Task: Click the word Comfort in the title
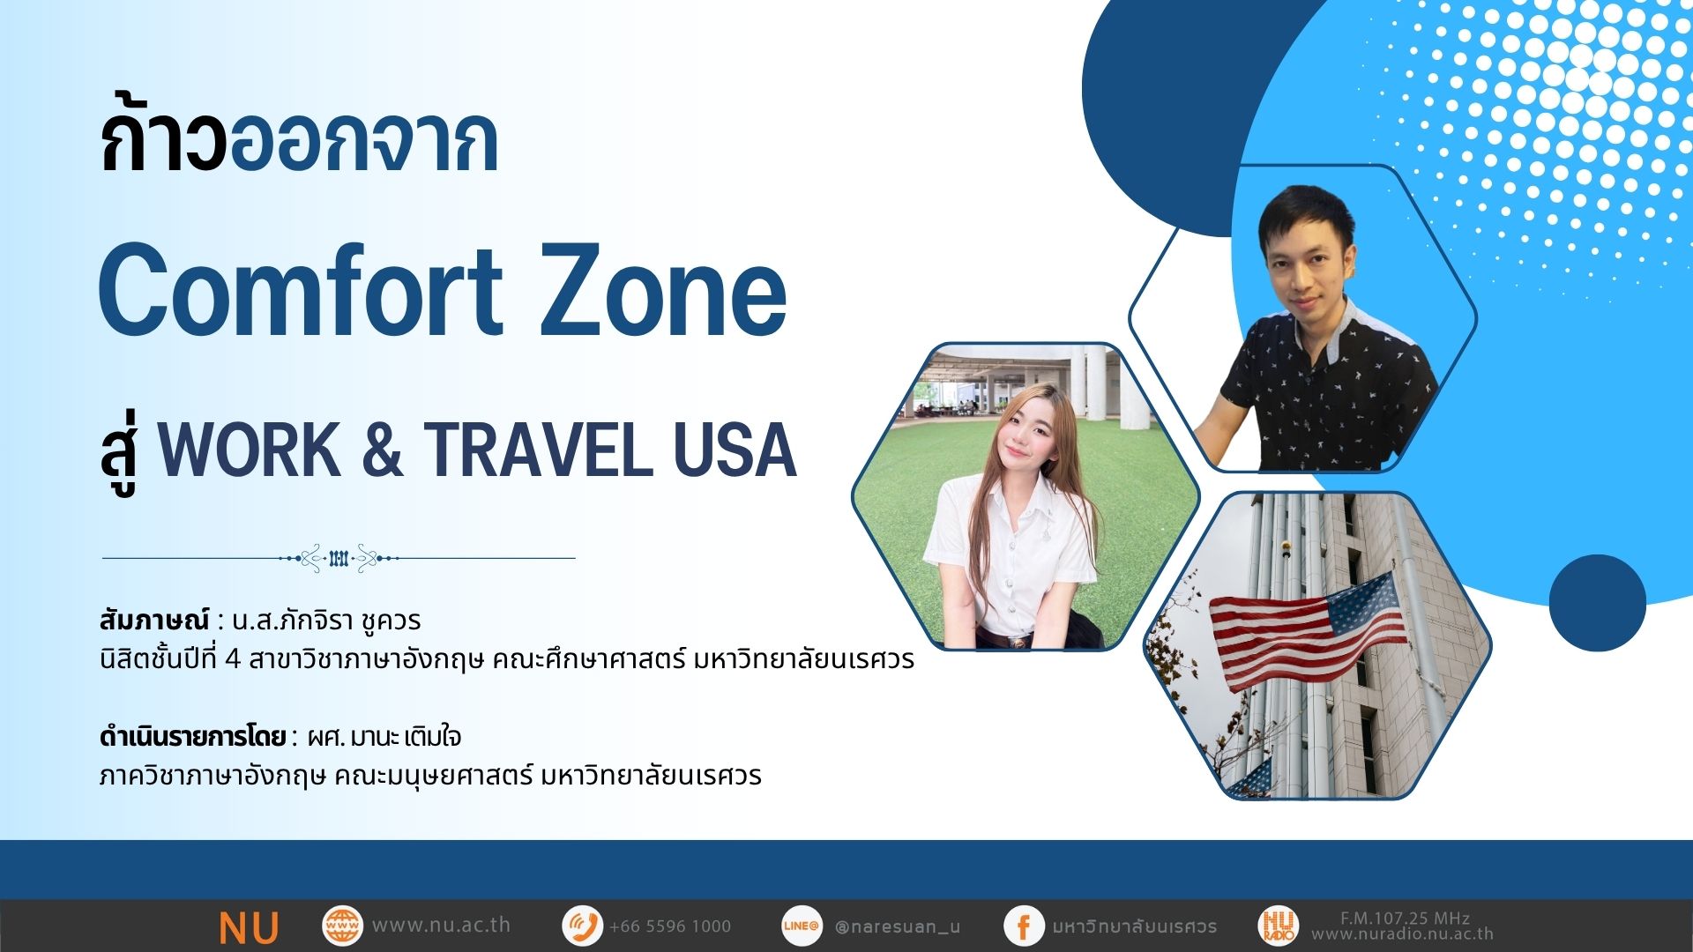(301, 291)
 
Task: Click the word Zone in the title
(663, 291)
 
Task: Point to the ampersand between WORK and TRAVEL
(382, 450)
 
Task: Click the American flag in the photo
(1309, 629)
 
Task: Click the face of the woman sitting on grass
(1022, 436)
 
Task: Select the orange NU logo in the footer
(249, 927)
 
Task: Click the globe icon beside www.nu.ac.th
(342, 926)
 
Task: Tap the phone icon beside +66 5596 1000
(582, 926)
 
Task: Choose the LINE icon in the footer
(801, 926)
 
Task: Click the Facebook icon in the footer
(1024, 926)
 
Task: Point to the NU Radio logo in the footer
(1278, 926)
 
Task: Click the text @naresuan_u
(897, 926)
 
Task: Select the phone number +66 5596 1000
(670, 926)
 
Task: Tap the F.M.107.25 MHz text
(1405, 918)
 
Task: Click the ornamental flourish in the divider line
(339, 558)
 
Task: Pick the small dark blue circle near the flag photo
(1597, 603)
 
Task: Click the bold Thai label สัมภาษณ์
(154, 620)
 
